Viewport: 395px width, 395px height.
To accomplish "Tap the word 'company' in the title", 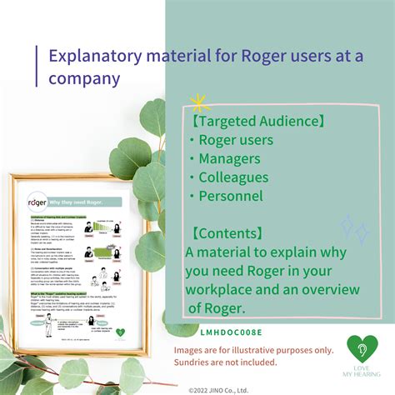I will click(x=84, y=80).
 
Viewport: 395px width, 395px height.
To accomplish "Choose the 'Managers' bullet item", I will click(x=230, y=158).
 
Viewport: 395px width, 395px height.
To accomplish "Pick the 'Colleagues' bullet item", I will click(x=233, y=177).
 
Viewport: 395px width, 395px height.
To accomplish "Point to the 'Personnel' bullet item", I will click(x=230, y=197).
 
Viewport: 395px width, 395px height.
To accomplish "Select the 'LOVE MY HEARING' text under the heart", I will click(x=361, y=373).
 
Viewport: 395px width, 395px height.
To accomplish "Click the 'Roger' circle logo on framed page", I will click(x=37, y=202).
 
